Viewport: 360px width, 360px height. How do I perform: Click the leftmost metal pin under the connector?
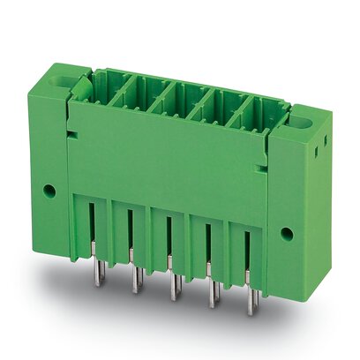pos(94,265)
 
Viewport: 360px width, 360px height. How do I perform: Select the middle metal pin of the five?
pos(172,281)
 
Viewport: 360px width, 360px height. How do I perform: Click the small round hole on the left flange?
pos(51,190)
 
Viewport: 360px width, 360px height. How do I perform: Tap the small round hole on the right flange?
pos(286,234)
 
